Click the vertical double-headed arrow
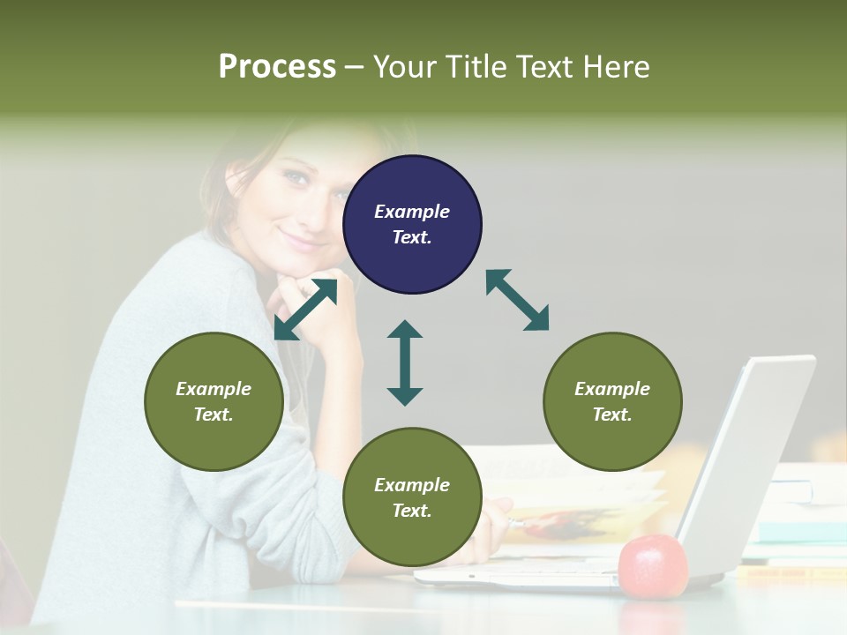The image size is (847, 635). click(405, 362)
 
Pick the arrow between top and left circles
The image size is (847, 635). click(305, 310)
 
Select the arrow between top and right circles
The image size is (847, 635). click(517, 300)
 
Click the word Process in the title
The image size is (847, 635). click(277, 66)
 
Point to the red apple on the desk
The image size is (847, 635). click(652, 565)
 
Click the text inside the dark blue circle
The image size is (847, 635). click(412, 224)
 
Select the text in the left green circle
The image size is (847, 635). click(214, 401)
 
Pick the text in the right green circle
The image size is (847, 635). click(612, 401)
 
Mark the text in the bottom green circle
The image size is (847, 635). click(412, 497)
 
